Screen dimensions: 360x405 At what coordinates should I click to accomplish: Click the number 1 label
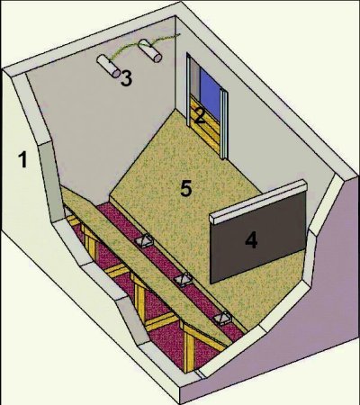pyautogui.click(x=22, y=159)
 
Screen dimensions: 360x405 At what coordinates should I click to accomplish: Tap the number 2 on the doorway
pyautogui.click(x=200, y=116)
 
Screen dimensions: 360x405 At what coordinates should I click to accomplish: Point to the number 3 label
pyautogui.click(x=126, y=78)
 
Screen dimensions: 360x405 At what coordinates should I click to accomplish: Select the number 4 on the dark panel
pyautogui.click(x=251, y=240)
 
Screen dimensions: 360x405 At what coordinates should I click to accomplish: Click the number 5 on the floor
pyautogui.click(x=186, y=188)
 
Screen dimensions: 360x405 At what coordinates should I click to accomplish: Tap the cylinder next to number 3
pyautogui.click(x=108, y=66)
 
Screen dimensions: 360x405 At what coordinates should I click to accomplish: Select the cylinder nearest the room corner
pyautogui.click(x=150, y=50)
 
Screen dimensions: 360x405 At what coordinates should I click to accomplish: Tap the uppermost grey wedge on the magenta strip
pyautogui.click(x=144, y=240)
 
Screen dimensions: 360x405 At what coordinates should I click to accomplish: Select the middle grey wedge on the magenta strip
pyautogui.click(x=183, y=280)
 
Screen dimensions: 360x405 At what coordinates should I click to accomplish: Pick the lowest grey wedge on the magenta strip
pyautogui.click(x=222, y=318)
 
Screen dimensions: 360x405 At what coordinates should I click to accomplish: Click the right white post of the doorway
pyautogui.click(x=224, y=123)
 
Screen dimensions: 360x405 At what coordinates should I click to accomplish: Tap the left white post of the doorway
pyautogui.click(x=188, y=90)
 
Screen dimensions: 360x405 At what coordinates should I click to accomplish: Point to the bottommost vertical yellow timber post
pyautogui.click(x=189, y=349)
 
